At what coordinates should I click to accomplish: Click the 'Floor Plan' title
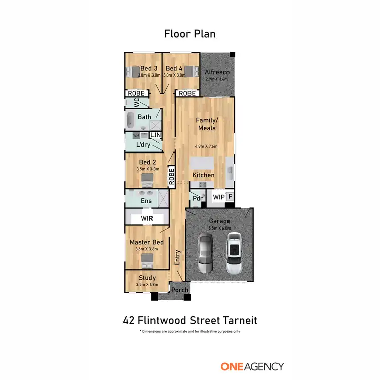[x=189, y=34]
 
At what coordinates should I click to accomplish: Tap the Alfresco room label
[x=217, y=72]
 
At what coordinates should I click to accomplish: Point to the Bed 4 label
[x=174, y=68]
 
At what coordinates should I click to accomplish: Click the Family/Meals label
[x=206, y=124]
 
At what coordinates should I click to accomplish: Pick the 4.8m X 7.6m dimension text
[x=206, y=147]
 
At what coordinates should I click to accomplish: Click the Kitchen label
[x=203, y=175]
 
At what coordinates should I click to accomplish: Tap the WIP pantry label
[x=218, y=196]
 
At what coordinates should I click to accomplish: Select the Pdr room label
[x=197, y=198]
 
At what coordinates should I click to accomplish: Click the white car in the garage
[x=235, y=250]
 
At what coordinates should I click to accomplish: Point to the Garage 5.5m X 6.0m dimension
[x=219, y=229]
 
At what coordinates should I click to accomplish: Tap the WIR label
[x=146, y=218]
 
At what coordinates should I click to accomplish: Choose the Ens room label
[x=146, y=201]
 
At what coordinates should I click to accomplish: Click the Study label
[x=147, y=278]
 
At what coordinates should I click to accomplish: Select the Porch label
[x=179, y=290]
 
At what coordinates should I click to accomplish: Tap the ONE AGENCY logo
[x=252, y=366]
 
